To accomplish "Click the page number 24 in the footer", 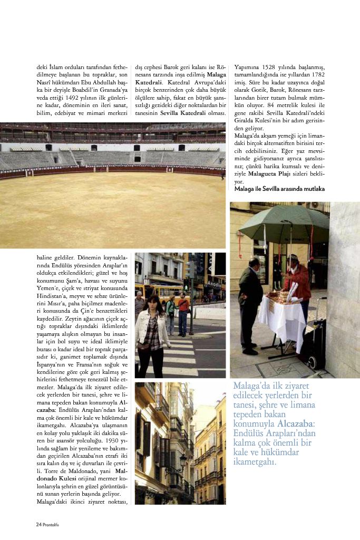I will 38,524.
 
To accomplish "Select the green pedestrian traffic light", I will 186,285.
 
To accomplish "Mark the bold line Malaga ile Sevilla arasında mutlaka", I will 279,188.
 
